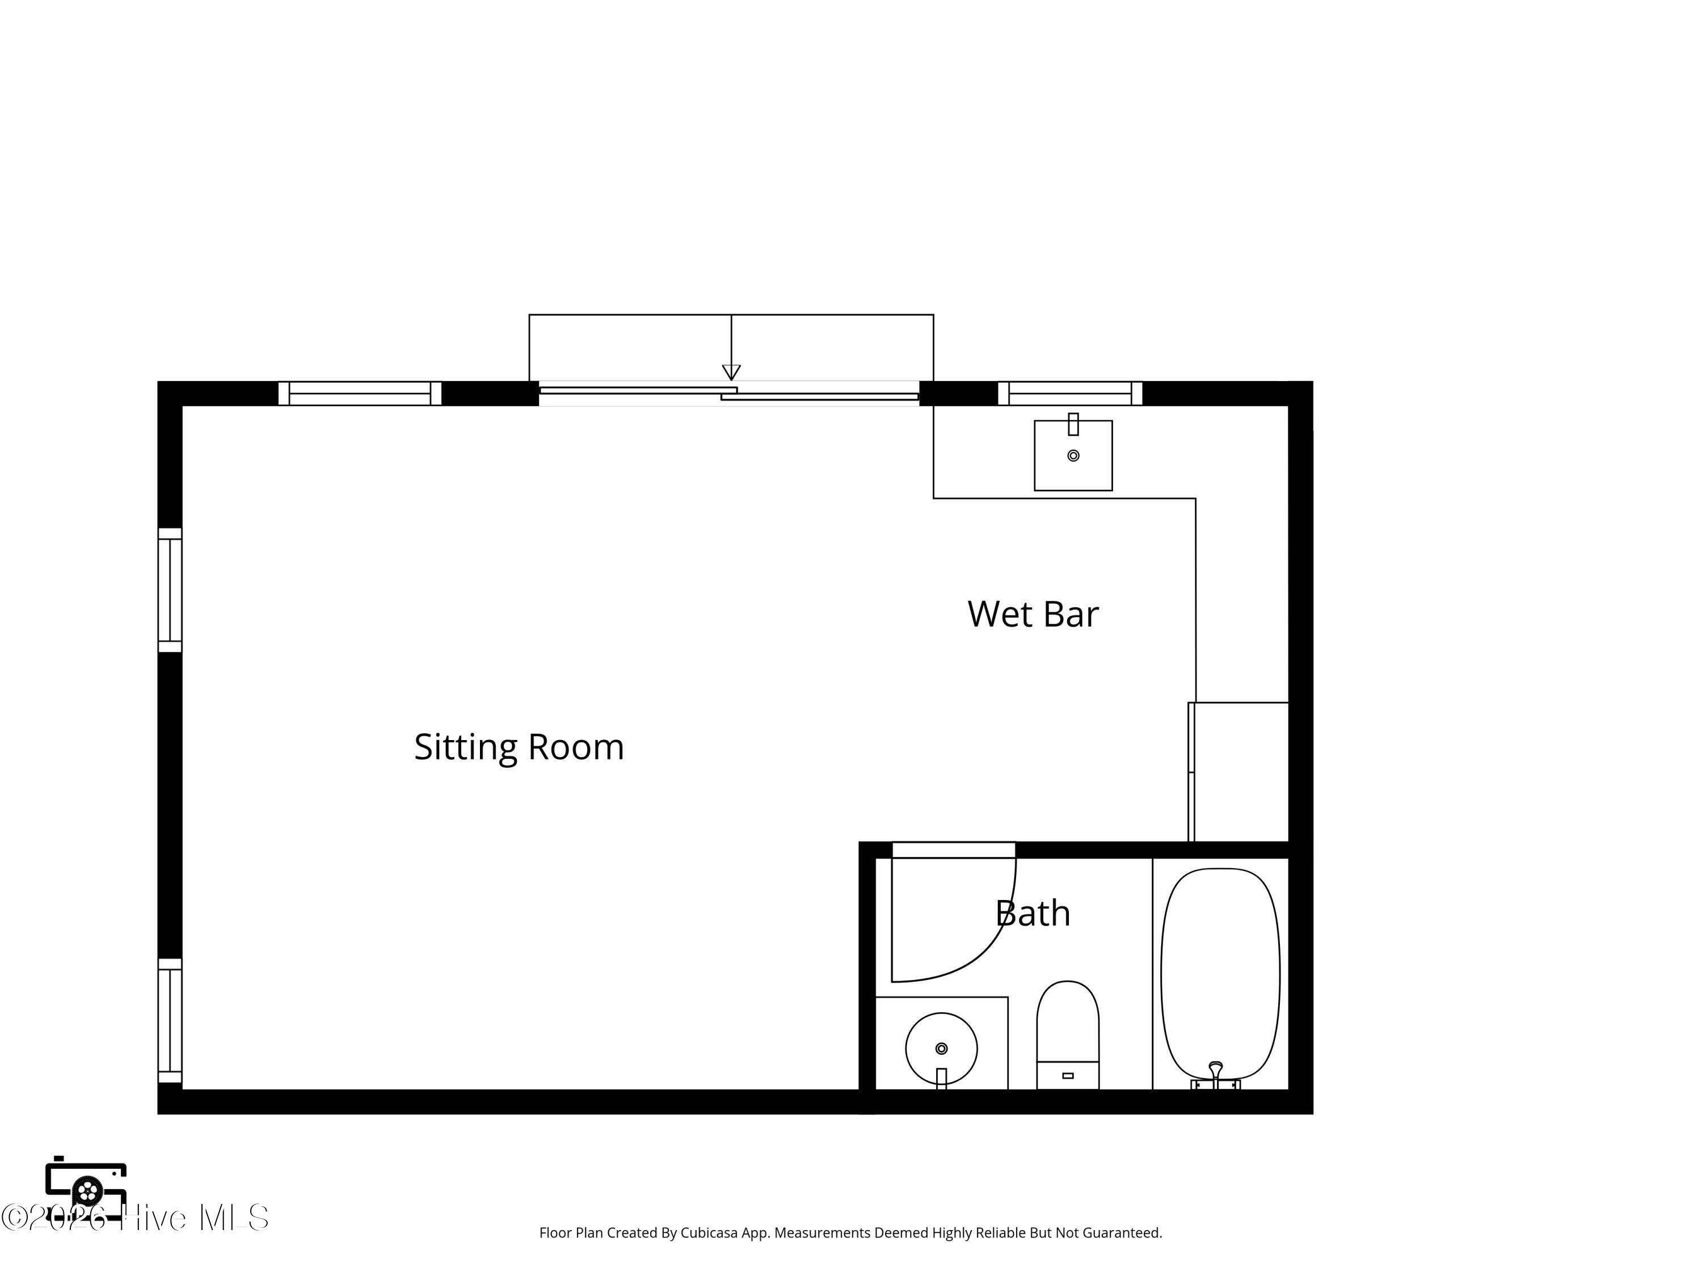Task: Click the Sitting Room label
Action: point(519,747)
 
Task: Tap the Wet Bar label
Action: point(1033,614)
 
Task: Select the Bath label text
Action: point(1033,913)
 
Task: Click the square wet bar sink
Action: point(1073,455)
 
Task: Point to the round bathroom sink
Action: point(941,1049)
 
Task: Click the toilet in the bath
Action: point(1067,1034)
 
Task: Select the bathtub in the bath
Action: point(1220,975)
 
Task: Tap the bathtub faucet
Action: point(1216,1075)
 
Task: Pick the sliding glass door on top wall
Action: point(728,393)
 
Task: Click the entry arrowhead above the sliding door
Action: point(731,372)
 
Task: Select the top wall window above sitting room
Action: point(359,393)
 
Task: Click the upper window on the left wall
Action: point(170,590)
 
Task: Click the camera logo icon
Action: point(86,1188)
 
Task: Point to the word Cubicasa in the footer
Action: point(709,1233)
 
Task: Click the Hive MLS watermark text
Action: point(195,1218)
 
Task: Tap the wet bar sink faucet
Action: point(1073,424)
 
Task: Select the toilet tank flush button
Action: point(1067,1075)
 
